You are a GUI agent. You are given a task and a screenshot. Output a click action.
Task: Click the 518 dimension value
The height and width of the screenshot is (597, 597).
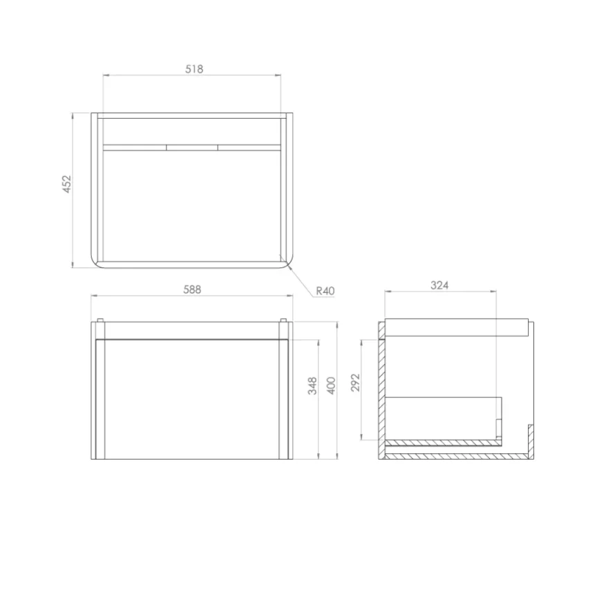(193, 69)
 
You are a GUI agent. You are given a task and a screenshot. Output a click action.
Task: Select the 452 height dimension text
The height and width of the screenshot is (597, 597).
(67, 184)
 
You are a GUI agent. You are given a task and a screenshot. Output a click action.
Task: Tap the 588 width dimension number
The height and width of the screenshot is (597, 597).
(192, 290)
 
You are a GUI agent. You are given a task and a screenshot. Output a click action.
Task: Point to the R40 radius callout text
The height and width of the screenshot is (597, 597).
(325, 292)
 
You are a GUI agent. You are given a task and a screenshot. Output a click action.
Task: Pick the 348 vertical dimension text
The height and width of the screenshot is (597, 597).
(312, 386)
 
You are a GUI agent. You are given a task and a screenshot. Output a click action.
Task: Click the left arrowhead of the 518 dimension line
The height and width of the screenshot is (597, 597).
(106, 75)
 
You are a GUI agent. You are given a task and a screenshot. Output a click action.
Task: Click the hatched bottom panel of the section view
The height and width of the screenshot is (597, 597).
(456, 457)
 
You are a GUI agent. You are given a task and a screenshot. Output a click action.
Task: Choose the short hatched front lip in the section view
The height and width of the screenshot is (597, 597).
(531, 439)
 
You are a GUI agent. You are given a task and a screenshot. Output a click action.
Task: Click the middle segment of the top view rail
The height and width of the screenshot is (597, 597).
(192, 146)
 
